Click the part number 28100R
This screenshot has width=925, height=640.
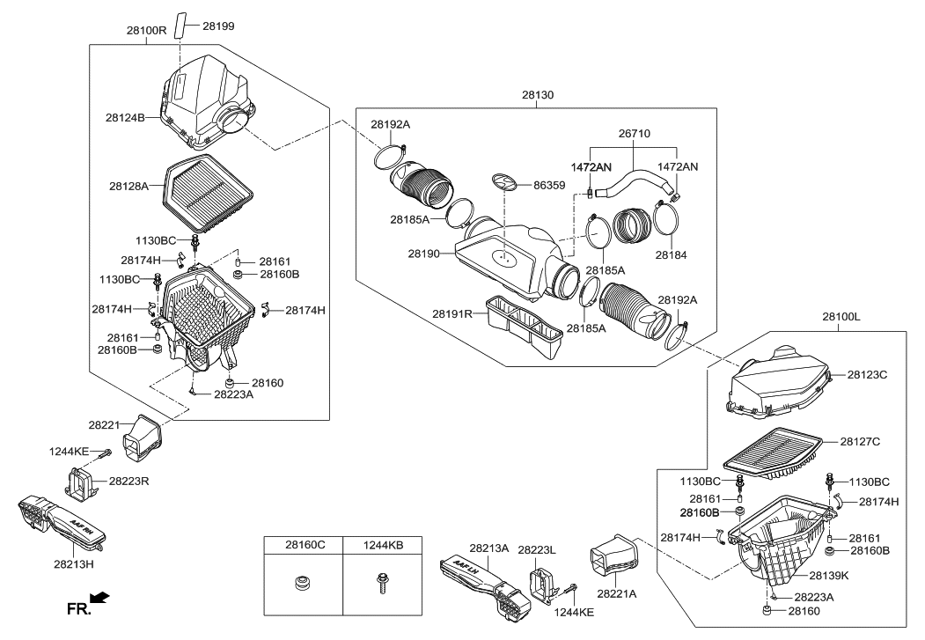[x=146, y=30]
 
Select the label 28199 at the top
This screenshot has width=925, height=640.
[x=219, y=26]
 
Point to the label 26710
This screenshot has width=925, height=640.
[x=632, y=133]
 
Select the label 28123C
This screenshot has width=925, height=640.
[x=867, y=375]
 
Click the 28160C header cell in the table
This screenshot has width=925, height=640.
[x=304, y=545]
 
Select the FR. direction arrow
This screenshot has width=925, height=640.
[x=99, y=600]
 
